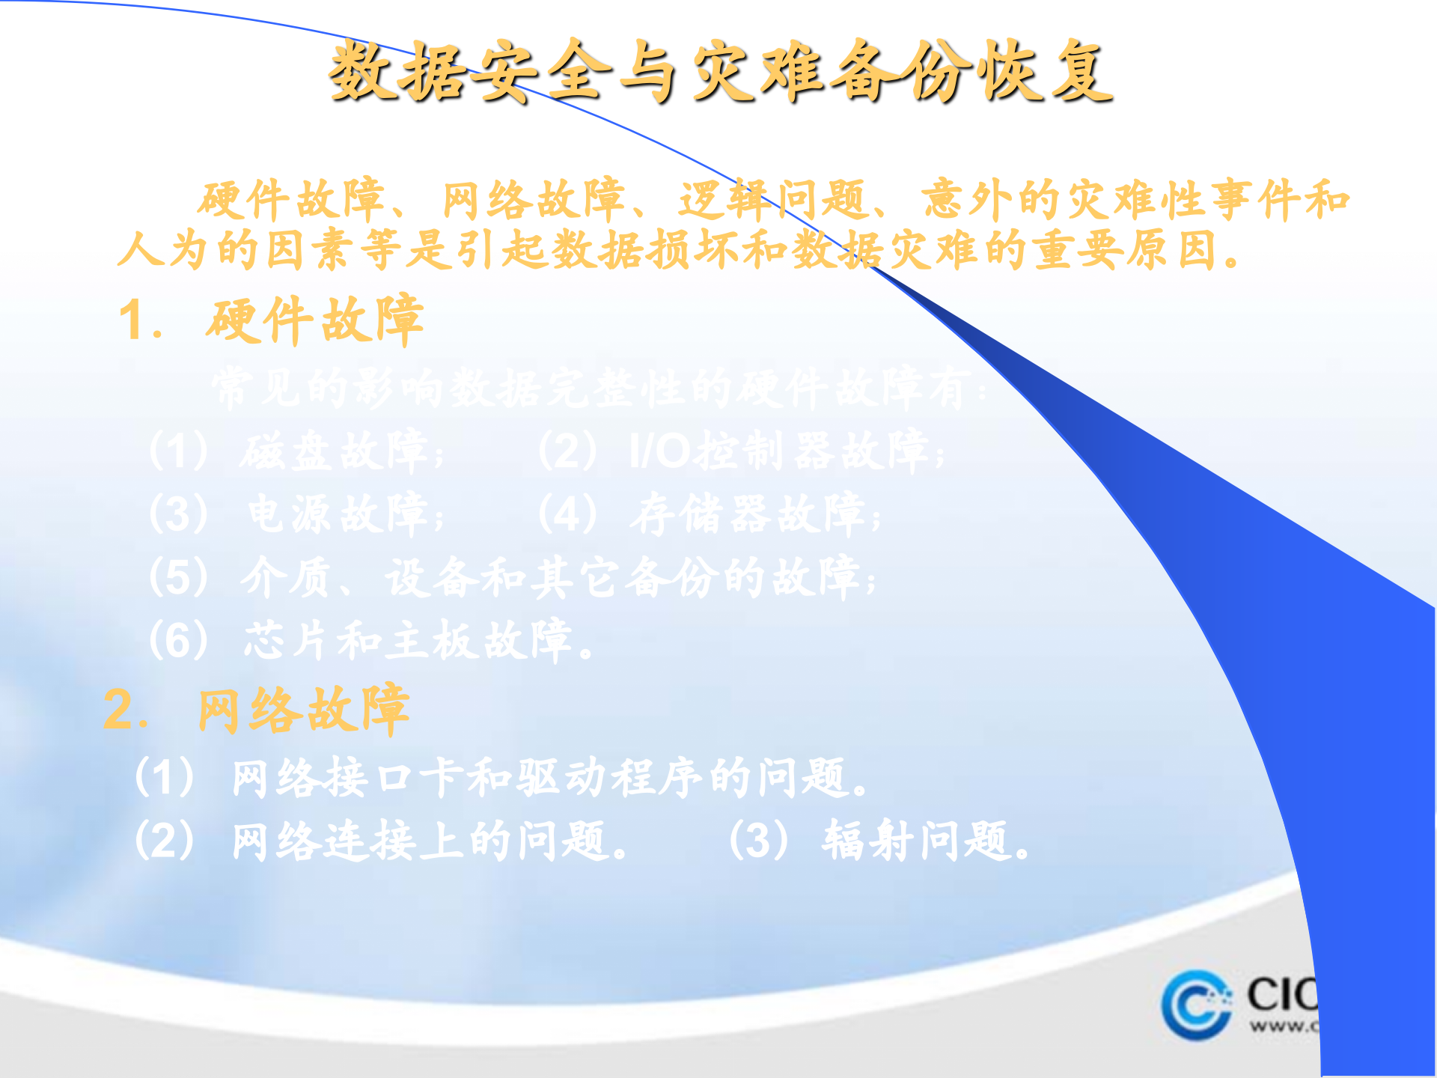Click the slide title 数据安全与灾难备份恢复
coord(720,72)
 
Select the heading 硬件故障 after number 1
coord(315,320)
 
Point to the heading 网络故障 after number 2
coord(303,710)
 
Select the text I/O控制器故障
coord(778,452)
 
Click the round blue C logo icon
coord(1196,1005)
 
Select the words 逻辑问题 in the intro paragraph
coord(771,201)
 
